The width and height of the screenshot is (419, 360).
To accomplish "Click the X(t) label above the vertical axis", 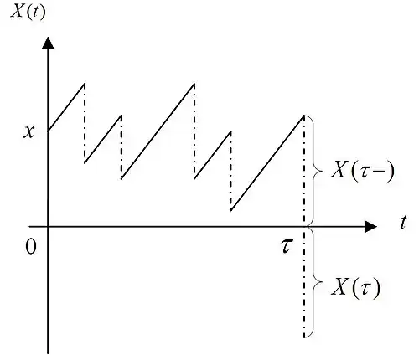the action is [x=28, y=13].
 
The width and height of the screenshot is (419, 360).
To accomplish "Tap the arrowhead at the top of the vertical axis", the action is [x=48, y=43].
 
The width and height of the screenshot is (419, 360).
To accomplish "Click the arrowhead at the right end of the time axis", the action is [x=371, y=226].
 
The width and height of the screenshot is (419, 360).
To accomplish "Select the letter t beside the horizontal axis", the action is [x=403, y=222].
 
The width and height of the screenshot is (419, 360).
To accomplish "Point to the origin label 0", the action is [x=31, y=247].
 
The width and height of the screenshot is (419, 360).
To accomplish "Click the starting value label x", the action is [x=29, y=132].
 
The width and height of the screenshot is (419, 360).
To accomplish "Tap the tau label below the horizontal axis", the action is [x=287, y=246].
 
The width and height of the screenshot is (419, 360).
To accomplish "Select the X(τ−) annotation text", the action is [x=362, y=170].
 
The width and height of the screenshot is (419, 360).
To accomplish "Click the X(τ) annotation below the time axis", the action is [x=355, y=287].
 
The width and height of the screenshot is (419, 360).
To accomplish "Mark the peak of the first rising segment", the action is [x=85, y=84].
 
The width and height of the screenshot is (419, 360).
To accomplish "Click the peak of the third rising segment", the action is [x=194, y=84].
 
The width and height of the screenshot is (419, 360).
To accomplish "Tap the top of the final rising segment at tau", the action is [x=304, y=116].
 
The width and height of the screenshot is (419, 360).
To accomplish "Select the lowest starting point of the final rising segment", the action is [x=231, y=210].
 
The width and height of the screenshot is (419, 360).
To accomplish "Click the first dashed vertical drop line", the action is [x=85, y=123].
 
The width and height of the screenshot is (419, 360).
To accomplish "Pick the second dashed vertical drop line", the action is [x=121, y=147].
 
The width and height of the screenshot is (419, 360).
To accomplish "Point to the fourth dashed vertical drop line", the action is [x=231, y=171].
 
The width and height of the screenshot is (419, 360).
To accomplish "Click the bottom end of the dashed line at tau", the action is [x=304, y=337].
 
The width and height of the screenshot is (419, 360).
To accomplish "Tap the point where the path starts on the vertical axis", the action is [x=48, y=131].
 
